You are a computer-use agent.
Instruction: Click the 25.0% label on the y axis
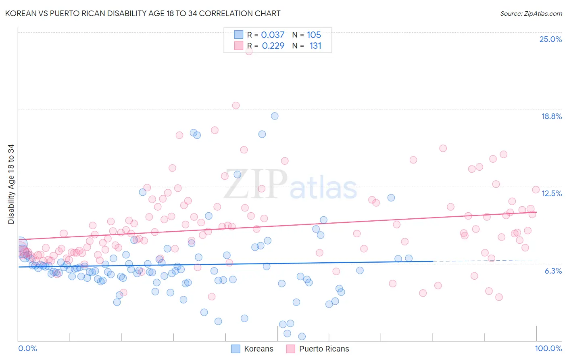[550, 39]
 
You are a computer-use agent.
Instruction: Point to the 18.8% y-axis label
[551, 116]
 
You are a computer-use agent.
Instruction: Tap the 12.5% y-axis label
[551, 193]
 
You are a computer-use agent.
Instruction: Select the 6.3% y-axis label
[553, 271]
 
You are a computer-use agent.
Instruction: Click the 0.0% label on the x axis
[27, 348]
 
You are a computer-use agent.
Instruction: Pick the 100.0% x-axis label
[548, 348]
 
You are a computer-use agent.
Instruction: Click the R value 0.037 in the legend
[273, 35]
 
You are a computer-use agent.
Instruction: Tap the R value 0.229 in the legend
[273, 46]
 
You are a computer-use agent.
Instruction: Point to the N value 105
[314, 35]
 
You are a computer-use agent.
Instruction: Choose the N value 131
[315, 46]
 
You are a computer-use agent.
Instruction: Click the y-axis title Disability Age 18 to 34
[11, 184]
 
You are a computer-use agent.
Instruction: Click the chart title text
[143, 13]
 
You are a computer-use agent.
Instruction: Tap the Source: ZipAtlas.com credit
[531, 13]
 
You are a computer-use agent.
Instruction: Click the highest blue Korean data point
[275, 116]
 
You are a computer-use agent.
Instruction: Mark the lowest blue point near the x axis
[302, 336]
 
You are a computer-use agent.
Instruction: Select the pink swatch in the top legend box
[239, 46]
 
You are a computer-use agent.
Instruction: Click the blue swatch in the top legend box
[239, 35]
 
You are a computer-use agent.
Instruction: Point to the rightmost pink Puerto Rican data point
[536, 190]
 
